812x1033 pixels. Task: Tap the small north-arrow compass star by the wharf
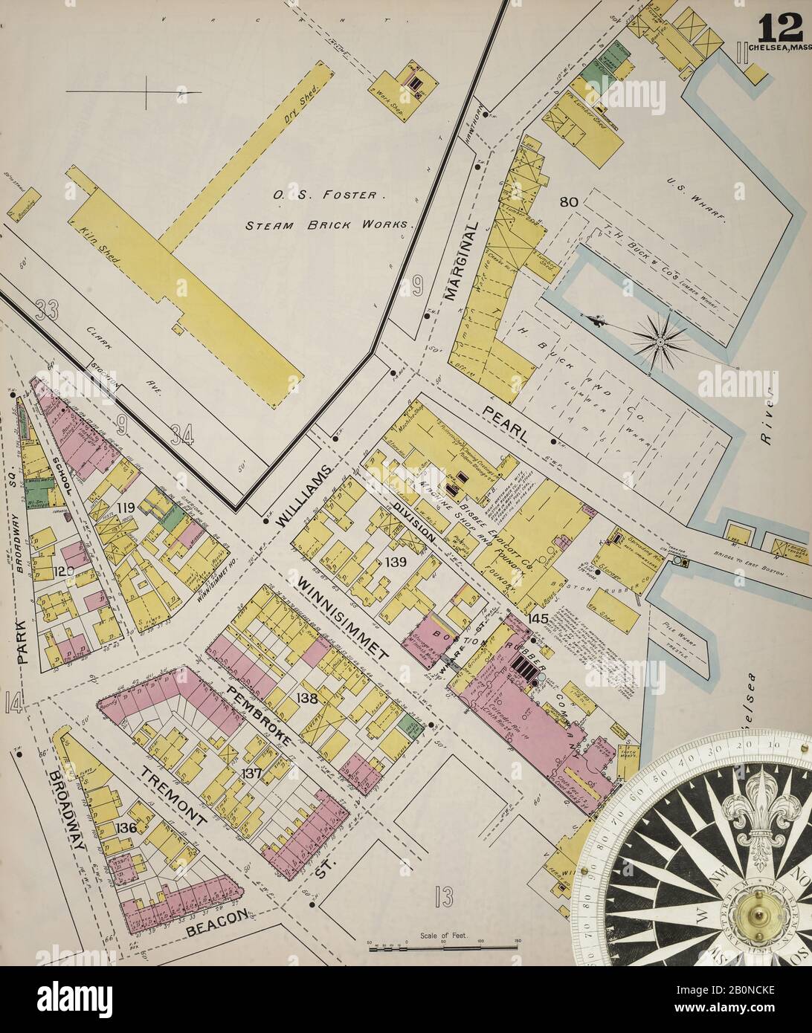click(x=658, y=340)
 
